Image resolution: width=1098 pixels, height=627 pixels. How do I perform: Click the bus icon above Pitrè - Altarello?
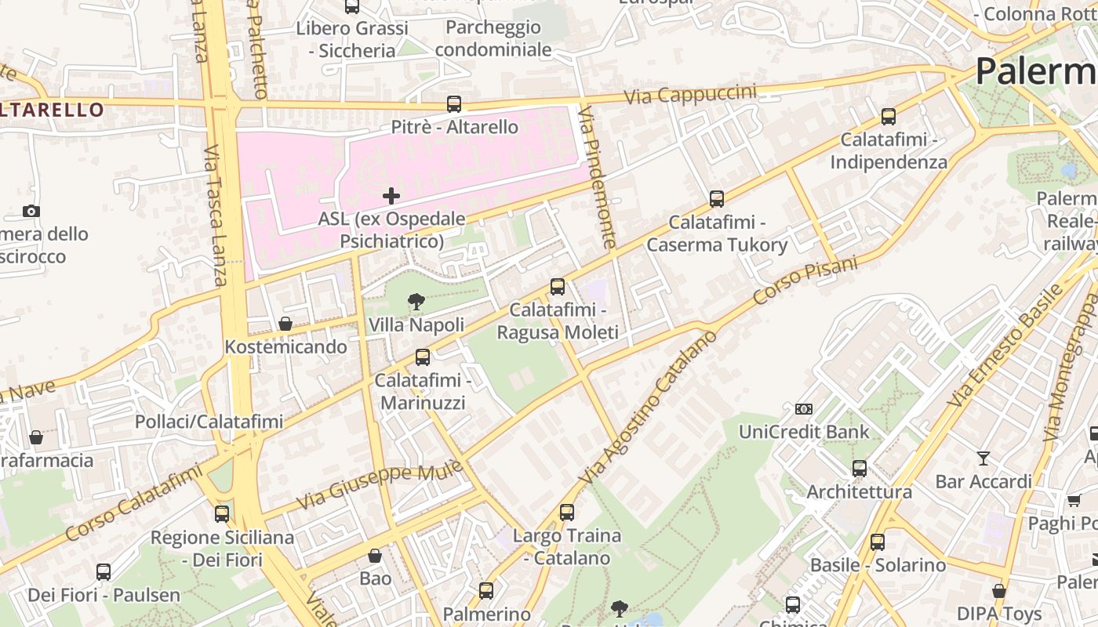click(453, 103)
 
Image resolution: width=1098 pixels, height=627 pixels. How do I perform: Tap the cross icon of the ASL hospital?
click(391, 195)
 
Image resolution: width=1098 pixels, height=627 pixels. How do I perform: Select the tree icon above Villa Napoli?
click(416, 301)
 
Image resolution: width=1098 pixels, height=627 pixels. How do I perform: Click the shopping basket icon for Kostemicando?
click(285, 324)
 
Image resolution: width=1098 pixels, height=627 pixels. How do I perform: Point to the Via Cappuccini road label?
click(690, 95)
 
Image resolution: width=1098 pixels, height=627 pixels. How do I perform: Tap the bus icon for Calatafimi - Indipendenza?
click(888, 116)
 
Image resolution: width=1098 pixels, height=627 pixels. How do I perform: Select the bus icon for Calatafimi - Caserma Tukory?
click(716, 198)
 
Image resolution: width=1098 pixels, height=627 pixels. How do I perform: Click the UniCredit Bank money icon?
click(804, 408)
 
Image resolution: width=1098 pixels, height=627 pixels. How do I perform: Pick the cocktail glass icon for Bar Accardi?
click(983, 458)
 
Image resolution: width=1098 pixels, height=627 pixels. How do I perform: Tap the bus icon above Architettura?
click(860, 469)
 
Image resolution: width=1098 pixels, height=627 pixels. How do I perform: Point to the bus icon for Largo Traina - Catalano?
click(566, 513)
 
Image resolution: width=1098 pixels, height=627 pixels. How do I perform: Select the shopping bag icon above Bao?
click(375, 556)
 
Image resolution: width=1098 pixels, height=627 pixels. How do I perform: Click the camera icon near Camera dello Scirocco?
click(31, 211)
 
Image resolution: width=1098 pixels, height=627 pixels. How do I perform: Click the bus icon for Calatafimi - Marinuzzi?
click(422, 357)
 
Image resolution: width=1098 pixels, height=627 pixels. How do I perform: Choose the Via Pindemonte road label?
click(597, 179)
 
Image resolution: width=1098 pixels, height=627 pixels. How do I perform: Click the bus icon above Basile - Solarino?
click(877, 542)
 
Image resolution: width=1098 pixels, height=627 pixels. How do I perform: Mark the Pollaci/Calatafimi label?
click(209, 422)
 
